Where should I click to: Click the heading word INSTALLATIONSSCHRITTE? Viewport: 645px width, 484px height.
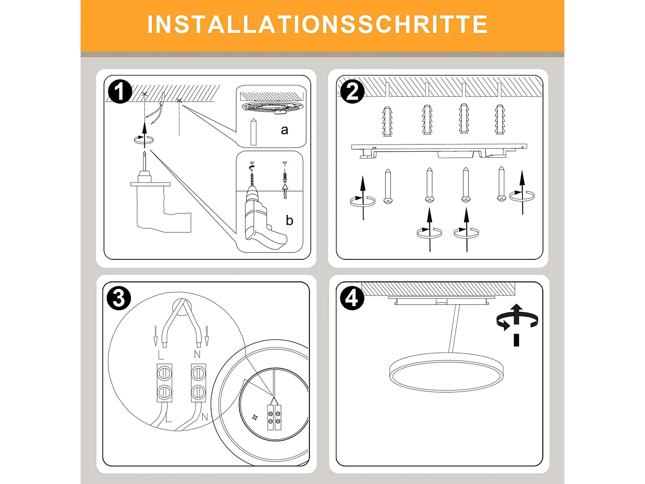pyautogui.click(x=317, y=24)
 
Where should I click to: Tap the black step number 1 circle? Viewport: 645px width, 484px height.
pyautogui.click(x=120, y=92)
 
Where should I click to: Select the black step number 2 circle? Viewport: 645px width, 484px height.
pyautogui.click(x=352, y=92)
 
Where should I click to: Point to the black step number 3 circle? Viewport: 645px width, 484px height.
pyautogui.click(x=119, y=298)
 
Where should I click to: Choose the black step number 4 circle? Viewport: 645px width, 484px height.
pyautogui.click(x=352, y=298)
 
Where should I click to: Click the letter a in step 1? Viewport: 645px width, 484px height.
pyautogui.click(x=284, y=130)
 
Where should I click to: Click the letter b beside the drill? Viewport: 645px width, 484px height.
pyautogui.click(x=289, y=220)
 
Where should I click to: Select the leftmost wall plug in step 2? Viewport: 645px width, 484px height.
pyautogui.click(x=387, y=121)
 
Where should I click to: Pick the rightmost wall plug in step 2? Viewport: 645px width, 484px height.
pyautogui.click(x=500, y=119)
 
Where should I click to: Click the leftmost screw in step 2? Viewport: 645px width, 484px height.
pyautogui.click(x=388, y=186)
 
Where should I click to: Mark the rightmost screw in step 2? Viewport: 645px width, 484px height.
pyautogui.click(x=501, y=184)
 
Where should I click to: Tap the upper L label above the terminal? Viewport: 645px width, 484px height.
pyautogui.click(x=161, y=355)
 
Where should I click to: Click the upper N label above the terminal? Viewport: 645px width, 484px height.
pyautogui.click(x=197, y=355)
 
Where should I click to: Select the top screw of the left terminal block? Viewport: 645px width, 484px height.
pyautogui.click(x=164, y=373)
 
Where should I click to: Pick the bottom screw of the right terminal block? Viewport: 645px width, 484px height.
pyautogui.click(x=198, y=391)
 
